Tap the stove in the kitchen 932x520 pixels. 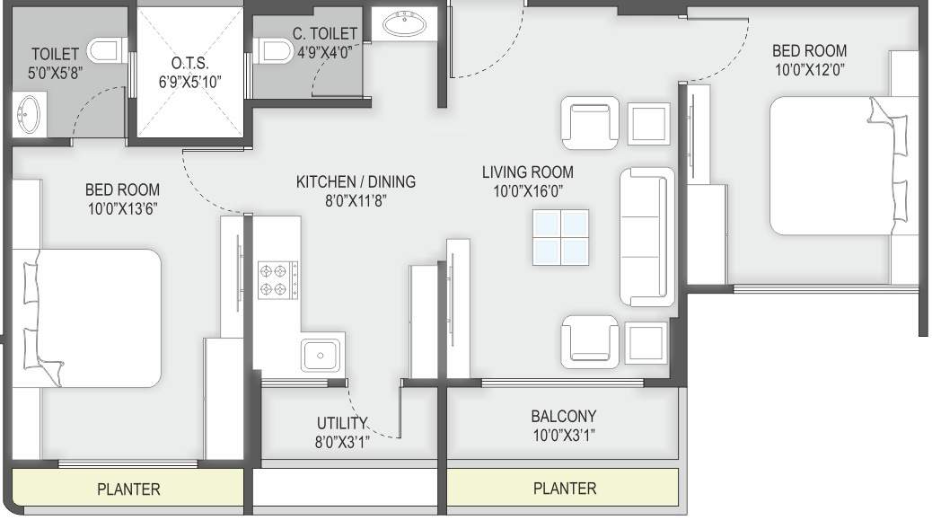tap(278, 278)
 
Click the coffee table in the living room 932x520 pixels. tap(559, 237)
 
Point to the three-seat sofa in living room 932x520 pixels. tap(646, 236)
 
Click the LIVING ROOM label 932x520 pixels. tap(527, 172)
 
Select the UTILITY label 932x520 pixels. tap(342, 423)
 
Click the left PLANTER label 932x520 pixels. tap(128, 489)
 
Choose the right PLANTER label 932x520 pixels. tap(565, 489)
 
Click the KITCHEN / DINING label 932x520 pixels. tap(356, 182)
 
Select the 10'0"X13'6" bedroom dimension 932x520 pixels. tap(122, 207)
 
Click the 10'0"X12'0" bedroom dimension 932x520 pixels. tap(809, 68)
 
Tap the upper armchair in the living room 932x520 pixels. tap(590, 122)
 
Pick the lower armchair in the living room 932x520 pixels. tap(590, 342)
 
